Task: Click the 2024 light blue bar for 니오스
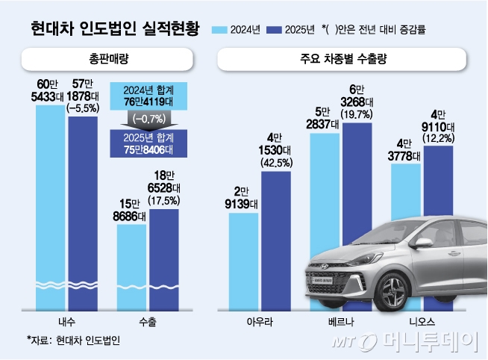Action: pos(405,194)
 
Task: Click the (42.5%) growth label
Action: pos(276,162)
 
